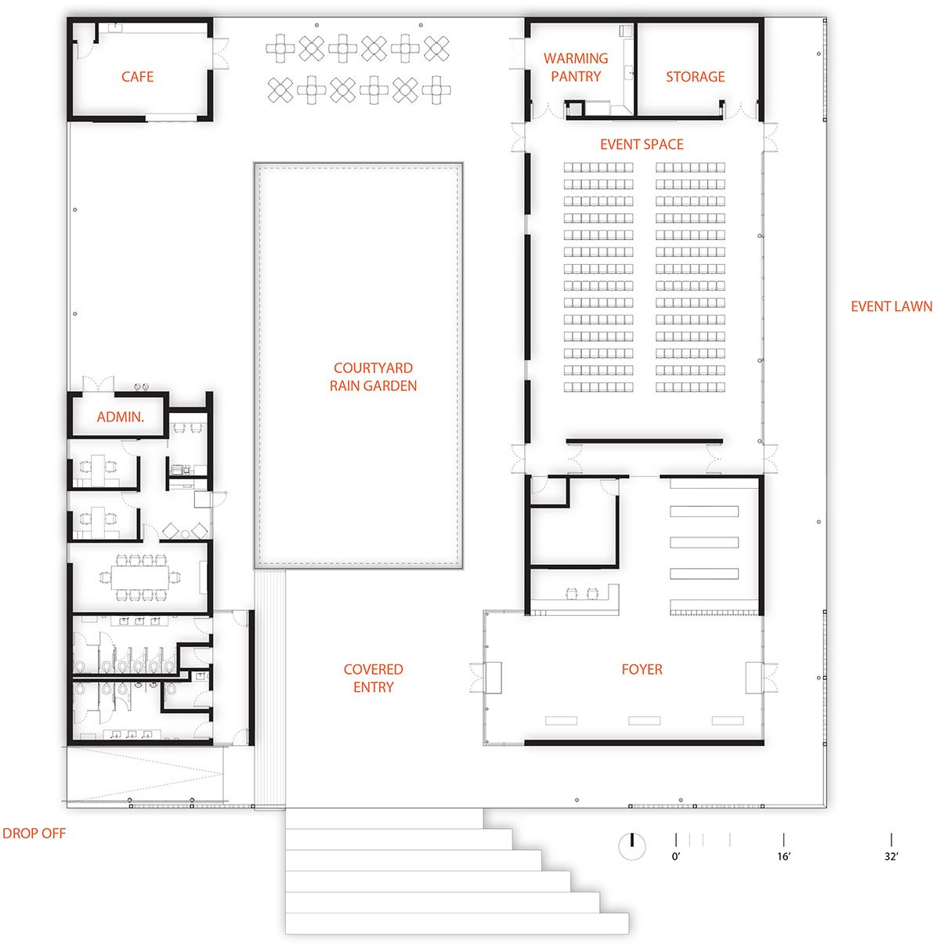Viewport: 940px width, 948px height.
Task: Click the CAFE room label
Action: [x=137, y=77]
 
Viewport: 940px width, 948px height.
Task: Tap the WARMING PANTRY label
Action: [x=576, y=67]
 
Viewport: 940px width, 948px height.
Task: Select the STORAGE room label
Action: [x=695, y=77]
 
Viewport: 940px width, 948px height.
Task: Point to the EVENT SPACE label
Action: [x=642, y=144]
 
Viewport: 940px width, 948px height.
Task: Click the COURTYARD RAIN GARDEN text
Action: [x=373, y=377]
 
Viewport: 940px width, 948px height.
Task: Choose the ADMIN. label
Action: [x=121, y=417]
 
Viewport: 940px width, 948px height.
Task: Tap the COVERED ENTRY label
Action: [x=373, y=678]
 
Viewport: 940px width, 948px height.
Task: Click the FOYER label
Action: [x=642, y=669]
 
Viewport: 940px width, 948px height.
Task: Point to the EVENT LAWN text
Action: [x=891, y=306]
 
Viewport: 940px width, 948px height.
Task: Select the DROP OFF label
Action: [x=34, y=833]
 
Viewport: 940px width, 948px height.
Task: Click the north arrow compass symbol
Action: [x=631, y=846]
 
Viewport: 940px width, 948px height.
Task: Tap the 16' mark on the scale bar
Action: [x=783, y=839]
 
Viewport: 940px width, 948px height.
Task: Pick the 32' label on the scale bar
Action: [x=891, y=856]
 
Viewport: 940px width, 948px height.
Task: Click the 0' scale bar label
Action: [x=676, y=856]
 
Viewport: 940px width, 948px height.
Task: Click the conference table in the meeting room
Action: [x=139, y=577]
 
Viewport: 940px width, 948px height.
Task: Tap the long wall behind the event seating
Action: [x=644, y=441]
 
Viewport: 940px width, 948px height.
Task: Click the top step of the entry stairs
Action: [x=384, y=818]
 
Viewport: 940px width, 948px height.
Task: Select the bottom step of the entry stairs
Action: [x=457, y=923]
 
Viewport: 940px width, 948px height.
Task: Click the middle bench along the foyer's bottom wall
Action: [x=645, y=721]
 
